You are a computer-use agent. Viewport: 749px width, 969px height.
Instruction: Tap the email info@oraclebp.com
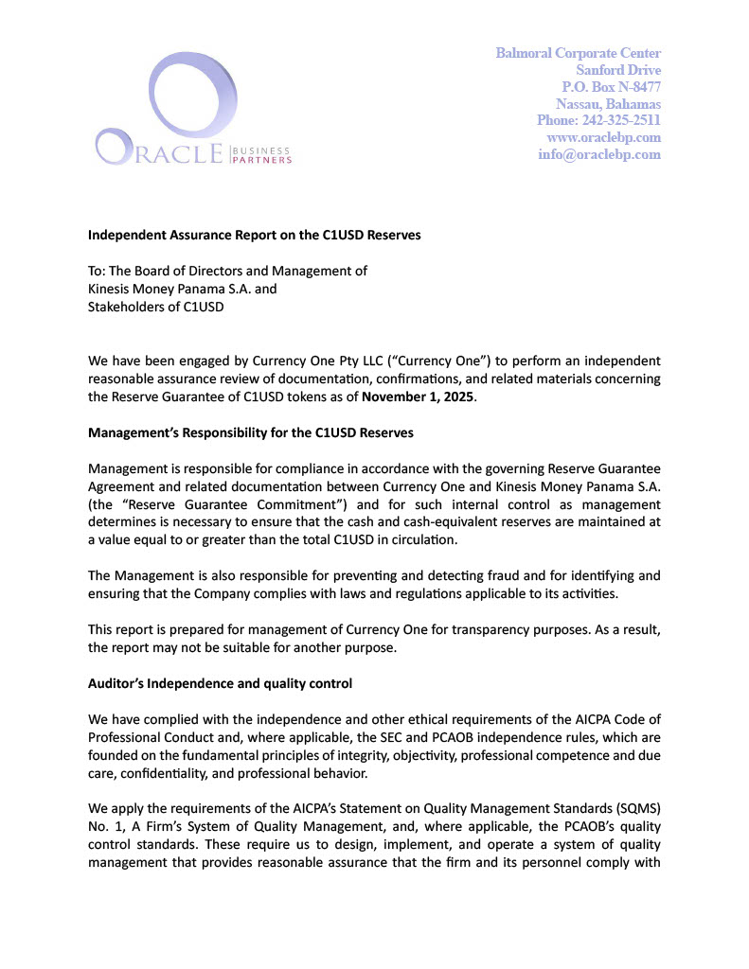coord(599,155)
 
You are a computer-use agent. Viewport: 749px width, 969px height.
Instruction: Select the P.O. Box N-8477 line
coord(611,87)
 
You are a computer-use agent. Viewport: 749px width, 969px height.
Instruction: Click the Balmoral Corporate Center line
coord(578,53)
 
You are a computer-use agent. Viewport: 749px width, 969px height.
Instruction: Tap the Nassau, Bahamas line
coord(609,104)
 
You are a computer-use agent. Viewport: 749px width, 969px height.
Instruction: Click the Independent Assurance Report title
coord(254,235)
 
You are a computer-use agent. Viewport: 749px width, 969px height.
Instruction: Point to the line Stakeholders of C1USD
coord(156,307)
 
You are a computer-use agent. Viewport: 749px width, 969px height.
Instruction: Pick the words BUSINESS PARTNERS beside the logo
coord(261,155)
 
